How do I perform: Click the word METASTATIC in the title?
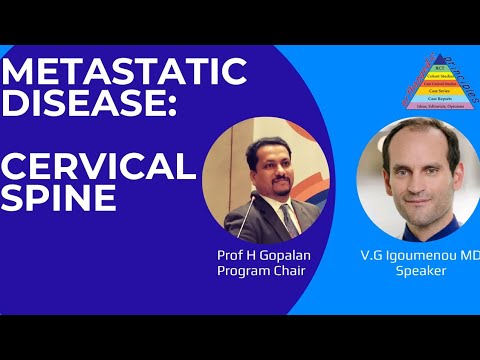[125, 72]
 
